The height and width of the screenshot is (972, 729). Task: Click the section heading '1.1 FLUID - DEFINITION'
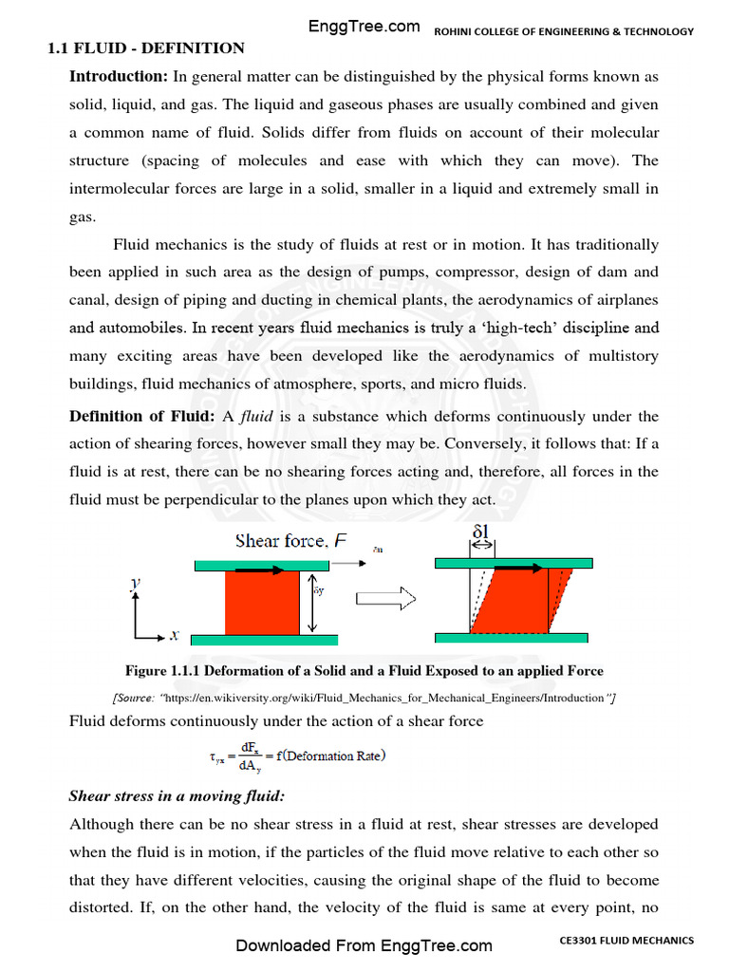146,48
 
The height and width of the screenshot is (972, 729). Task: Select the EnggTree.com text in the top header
364,27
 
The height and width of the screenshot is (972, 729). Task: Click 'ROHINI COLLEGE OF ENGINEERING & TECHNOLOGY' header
564,31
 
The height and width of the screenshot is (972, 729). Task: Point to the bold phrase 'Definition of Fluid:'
142,417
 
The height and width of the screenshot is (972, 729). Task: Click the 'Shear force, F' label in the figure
285,541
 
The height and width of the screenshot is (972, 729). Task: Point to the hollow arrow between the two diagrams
385,600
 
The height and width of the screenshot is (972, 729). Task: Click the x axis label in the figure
176,636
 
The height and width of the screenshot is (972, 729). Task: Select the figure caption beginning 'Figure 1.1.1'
364,671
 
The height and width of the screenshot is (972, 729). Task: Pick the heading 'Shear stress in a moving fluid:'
164,796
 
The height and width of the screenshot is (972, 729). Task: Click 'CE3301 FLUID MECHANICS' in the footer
626,941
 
